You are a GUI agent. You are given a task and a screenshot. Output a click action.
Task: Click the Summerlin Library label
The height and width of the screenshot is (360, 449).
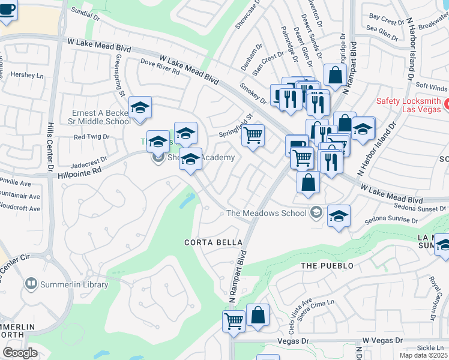tap(74, 284)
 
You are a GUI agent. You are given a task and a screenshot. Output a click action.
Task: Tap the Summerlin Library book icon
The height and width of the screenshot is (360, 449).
tap(31, 283)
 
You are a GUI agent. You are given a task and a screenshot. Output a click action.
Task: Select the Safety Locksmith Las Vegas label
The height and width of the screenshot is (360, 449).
tap(408, 107)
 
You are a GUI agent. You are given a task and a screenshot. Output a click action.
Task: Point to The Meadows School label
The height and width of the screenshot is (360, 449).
tap(265, 213)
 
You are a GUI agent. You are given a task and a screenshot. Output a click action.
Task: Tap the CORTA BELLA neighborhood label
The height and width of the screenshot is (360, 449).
tap(213, 242)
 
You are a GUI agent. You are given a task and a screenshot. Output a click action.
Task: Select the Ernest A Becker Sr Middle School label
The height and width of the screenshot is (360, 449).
tap(100, 117)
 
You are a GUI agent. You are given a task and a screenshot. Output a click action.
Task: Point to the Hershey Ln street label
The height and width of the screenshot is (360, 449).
tap(28, 76)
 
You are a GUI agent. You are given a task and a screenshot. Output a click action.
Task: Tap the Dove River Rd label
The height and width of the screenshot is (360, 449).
tap(160, 66)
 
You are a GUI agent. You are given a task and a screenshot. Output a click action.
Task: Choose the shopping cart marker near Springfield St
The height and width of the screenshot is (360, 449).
tap(253, 136)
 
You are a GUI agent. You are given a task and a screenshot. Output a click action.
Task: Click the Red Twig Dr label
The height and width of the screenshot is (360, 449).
tap(91, 137)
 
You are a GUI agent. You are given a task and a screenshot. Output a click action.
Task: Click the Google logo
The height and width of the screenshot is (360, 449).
tap(20, 353)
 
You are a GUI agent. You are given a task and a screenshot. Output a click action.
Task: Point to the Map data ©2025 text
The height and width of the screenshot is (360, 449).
tap(423, 355)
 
